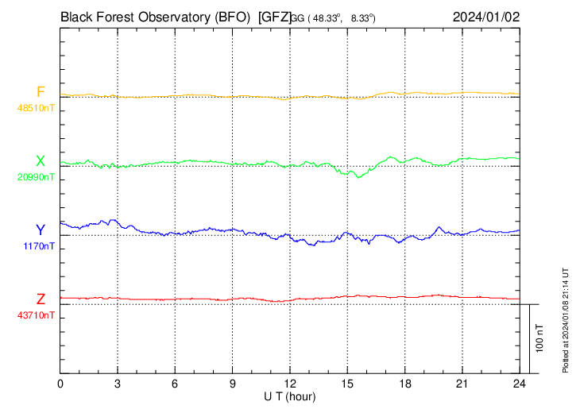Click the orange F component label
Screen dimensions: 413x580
pos(41,92)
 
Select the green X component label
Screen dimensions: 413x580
pos(41,161)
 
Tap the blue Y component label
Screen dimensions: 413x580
pos(41,230)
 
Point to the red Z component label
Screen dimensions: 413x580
pos(41,299)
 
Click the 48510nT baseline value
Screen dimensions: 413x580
pos(36,107)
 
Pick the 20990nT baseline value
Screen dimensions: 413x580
pos(36,176)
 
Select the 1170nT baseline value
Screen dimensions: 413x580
pos(39,245)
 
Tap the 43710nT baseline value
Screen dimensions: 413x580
pos(36,315)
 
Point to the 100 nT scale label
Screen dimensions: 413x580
pos(540,338)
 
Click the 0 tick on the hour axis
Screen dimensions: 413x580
pos(60,384)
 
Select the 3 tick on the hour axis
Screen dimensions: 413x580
pos(118,384)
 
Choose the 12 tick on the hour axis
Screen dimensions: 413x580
pos(290,384)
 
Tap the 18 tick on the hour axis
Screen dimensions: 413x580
pos(405,384)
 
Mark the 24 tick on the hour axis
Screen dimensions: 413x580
pos(520,384)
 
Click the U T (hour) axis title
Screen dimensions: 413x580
pos(291,396)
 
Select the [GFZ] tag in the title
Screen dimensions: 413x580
pos(274,16)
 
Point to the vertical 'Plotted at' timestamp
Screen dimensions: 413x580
pos(566,318)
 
